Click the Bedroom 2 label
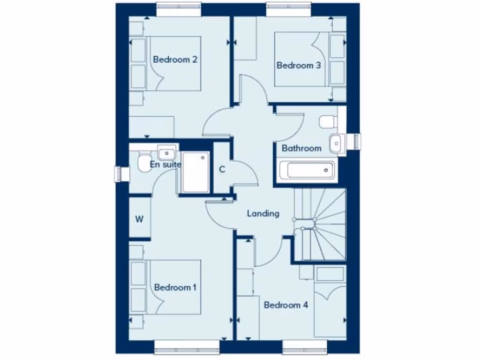tap(175, 60)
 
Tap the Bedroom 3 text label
tap(299, 65)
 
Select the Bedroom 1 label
tap(175, 287)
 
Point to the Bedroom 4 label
tap(286, 305)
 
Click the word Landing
tap(263, 213)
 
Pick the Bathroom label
tap(301, 148)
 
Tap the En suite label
tap(165, 165)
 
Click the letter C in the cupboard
tap(222, 169)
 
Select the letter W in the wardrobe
tap(139, 219)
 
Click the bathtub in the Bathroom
tap(307, 170)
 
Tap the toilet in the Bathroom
tap(328, 122)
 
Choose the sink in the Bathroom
tap(337, 143)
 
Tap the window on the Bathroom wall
tap(357, 142)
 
